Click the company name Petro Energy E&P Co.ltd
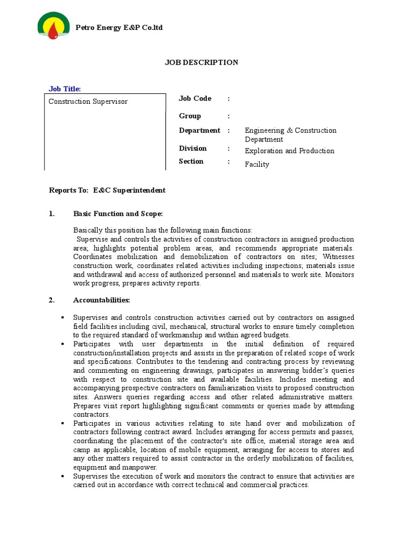point(119,27)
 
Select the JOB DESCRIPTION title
point(201,62)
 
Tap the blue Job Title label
point(65,89)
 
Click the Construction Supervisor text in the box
point(88,101)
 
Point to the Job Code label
point(195,99)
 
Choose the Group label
point(189,116)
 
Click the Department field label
point(199,131)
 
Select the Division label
point(193,148)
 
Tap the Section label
point(191,162)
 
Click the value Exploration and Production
point(289,151)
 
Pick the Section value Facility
point(257,165)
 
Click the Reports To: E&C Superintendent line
point(107,190)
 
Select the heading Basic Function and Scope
point(118,214)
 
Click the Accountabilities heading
point(101,300)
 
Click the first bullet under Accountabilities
point(62,318)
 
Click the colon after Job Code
point(228,99)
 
